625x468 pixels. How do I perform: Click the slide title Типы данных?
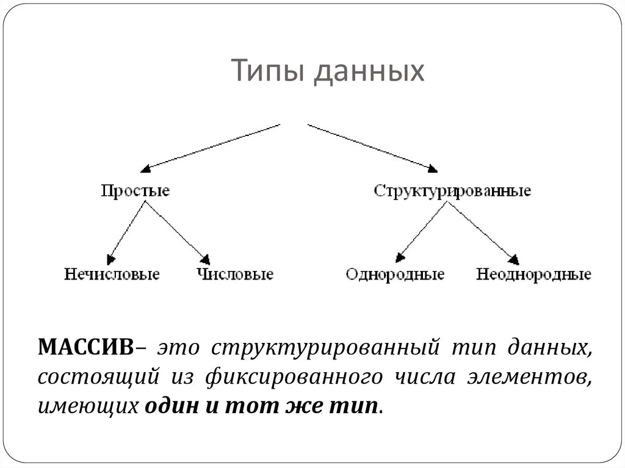[328, 71]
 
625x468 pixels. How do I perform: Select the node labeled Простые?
[135, 191]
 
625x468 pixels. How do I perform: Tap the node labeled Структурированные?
[452, 191]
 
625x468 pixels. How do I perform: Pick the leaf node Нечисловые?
[112, 274]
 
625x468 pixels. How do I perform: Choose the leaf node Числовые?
[235, 274]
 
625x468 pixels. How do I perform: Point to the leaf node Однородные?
[395, 274]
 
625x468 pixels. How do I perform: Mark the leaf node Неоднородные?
[533, 274]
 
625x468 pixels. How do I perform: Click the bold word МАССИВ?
[85, 348]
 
